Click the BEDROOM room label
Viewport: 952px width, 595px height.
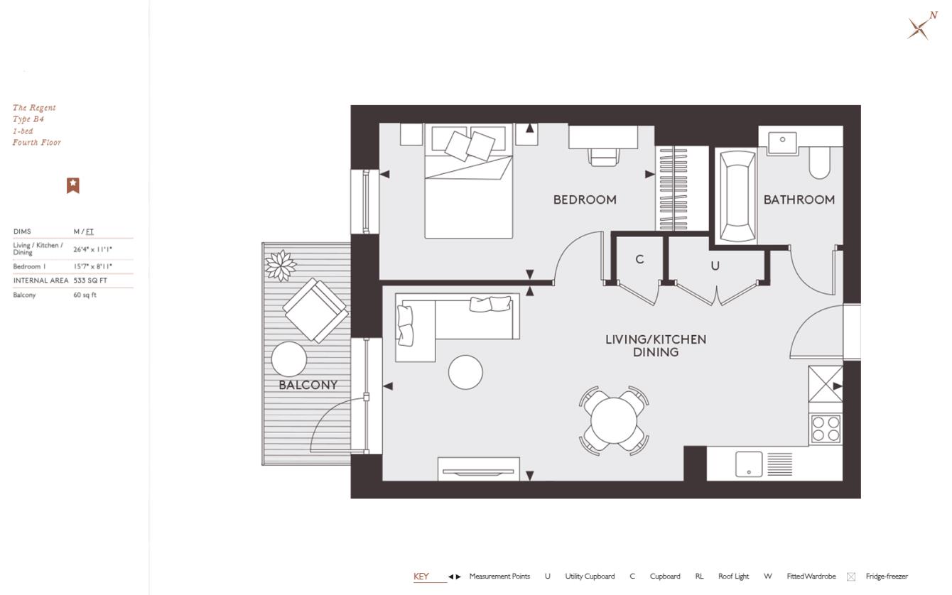click(584, 200)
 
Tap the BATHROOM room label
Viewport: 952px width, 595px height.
click(799, 200)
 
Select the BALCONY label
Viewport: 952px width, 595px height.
click(308, 386)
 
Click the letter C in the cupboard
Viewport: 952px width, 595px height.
click(639, 260)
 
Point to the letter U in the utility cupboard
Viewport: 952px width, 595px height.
click(715, 266)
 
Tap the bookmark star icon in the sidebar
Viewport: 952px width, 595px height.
click(72, 185)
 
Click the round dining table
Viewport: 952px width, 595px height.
click(614, 420)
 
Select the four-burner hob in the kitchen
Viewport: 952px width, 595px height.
click(825, 429)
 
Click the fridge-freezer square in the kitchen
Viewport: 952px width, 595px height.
click(825, 386)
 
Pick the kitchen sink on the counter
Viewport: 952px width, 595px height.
click(748, 464)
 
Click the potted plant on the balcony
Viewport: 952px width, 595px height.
click(280, 265)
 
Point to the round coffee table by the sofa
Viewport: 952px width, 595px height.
click(465, 371)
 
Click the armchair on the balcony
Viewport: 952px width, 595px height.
click(315, 310)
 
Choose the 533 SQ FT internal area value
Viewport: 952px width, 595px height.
click(90, 280)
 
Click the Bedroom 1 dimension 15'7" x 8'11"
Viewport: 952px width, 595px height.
click(92, 267)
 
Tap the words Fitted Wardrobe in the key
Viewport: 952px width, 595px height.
click(811, 577)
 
